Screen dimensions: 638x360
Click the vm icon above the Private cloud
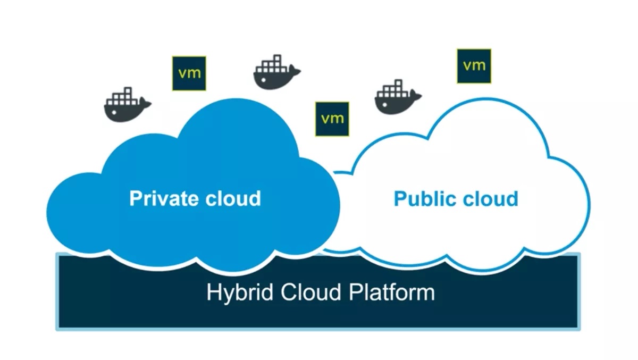pos(189,73)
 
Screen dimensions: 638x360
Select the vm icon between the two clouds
pos(332,119)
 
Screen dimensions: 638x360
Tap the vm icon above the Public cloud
pos(474,65)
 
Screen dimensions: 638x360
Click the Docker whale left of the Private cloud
pos(126,105)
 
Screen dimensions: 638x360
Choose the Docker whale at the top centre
pos(275,73)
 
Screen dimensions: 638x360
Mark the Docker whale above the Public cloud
pos(397,98)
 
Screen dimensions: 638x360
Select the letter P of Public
pos(400,198)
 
